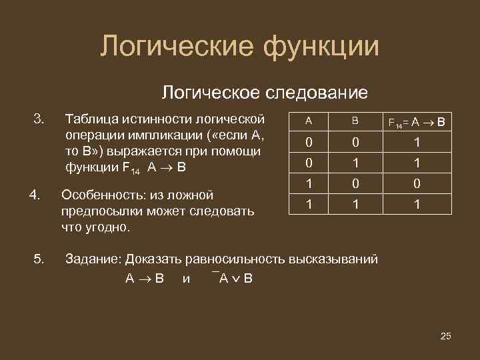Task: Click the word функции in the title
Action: [321, 47]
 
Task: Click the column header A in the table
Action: [308, 121]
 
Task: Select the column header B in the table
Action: [355, 121]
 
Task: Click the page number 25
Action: [446, 335]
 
